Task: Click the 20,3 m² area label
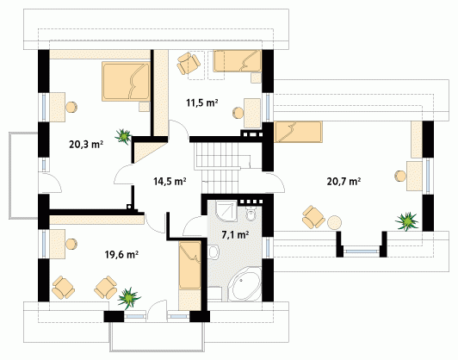coord(86,144)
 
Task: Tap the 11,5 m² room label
coord(202,102)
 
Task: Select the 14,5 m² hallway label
coord(170,181)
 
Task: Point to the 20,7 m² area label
coord(343,181)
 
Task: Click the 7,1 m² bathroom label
coord(235,234)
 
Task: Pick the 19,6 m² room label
coord(121,255)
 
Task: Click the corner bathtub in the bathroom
coord(244,283)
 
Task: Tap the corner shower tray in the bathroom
coord(226,211)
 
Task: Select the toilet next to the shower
coord(251,214)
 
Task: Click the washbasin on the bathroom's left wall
coord(214,251)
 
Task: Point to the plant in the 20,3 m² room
coord(123,136)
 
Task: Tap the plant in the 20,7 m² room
coord(406,221)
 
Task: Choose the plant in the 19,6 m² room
coord(129,298)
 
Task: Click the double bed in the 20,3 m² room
coord(127,81)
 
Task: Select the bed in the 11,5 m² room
coord(238,61)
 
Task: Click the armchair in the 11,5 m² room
coord(189,63)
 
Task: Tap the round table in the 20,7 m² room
coord(334,223)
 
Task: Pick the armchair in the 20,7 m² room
coord(313,217)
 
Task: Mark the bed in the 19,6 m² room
coord(190,265)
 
